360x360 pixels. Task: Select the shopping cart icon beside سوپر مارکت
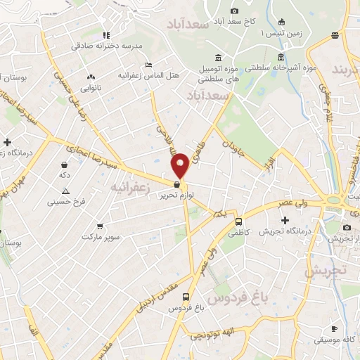pos(101,226)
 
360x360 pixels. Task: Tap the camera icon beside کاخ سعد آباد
pos(234,11)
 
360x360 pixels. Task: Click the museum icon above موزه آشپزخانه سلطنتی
pos(281,57)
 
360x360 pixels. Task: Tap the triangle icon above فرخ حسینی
pos(65,191)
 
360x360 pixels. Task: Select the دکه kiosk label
pos(65,174)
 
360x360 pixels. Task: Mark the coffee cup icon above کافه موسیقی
pos(334,328)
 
